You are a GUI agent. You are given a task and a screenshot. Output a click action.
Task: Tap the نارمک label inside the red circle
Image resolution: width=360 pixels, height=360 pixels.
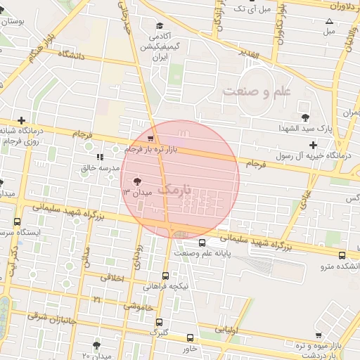pyautogui.click(x=175, y=190)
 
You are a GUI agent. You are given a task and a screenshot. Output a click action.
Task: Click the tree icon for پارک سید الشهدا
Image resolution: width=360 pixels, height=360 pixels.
pyautogui.click(x=304, y=117)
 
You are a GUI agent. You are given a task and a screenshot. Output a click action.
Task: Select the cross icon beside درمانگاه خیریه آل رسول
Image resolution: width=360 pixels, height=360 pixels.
pyautogui.click(x=313, y=145)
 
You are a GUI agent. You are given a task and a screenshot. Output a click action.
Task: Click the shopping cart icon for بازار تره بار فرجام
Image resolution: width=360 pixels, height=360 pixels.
pyautogui.click(x=153, y=139)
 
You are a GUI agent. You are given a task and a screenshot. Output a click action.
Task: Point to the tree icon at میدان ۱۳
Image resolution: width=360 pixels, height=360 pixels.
pyautogui.click(x=136, y=181)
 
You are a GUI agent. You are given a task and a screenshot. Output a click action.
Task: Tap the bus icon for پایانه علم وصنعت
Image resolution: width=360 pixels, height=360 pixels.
pyautogui.click(x=202, y=243)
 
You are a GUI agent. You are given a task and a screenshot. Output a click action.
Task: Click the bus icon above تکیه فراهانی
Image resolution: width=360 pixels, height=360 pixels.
pyautogui.click(x=165, y=276)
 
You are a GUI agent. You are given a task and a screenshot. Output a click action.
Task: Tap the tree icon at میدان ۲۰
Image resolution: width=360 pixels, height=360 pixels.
pyautogui.click(x=96, y=345)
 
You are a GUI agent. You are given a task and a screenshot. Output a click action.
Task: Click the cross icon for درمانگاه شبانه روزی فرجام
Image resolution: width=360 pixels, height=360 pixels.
pyautogui.click(x=22, y=120)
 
